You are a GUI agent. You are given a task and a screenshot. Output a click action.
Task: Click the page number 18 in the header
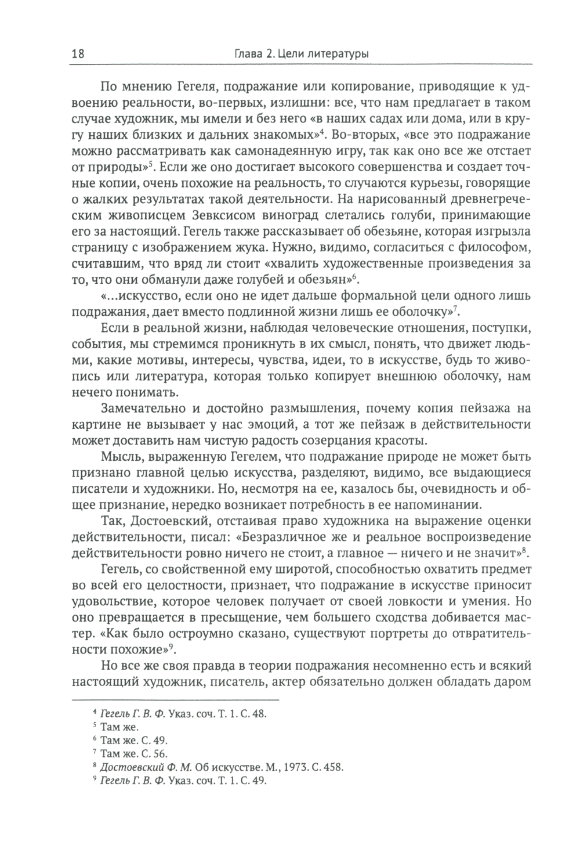pyautogui.click(x=78, y=54)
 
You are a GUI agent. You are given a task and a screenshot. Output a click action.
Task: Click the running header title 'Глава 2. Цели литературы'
pyautogui.click(x=300, y=54)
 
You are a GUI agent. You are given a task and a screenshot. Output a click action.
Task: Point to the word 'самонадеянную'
pyautogui.click(x=287, y=152)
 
